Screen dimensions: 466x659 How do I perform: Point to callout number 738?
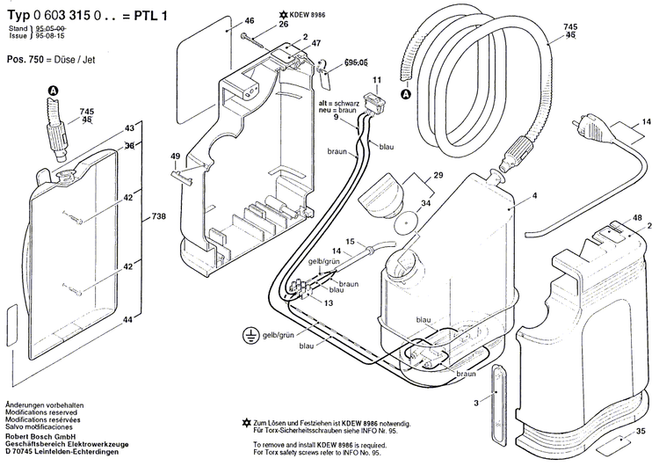pos(158,216)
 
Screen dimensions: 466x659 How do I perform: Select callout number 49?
pos(176,157)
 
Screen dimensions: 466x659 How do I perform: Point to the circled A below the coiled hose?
pos(405,94)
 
